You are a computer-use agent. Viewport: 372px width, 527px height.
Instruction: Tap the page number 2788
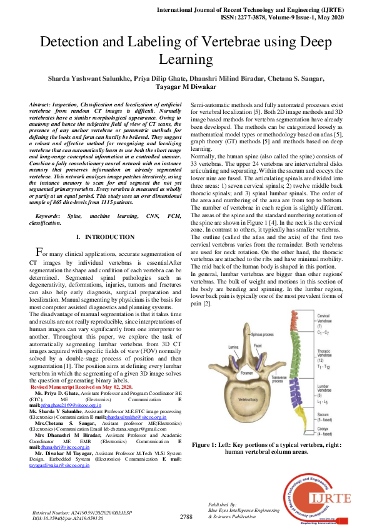click(186, 516)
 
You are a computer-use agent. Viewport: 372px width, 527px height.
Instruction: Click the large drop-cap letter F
click(39, 253)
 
